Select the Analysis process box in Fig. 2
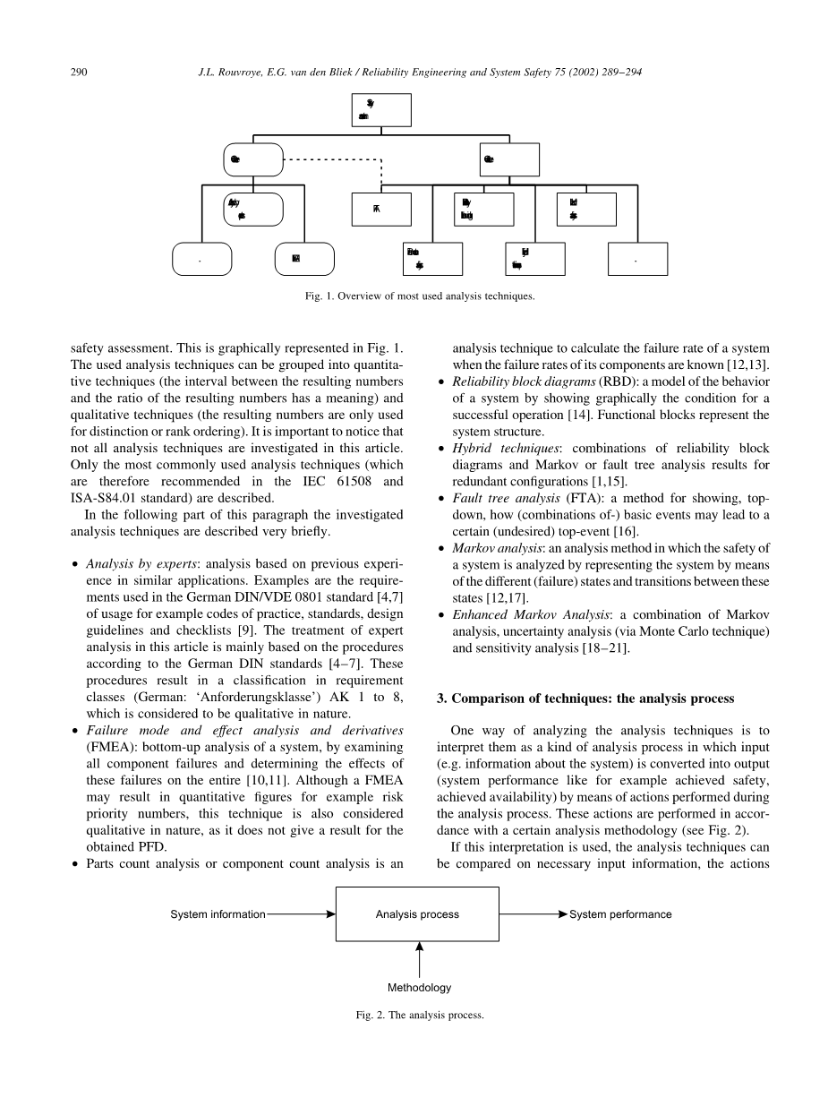click(x=417, y=914)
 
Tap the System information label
click(x=218, y=914)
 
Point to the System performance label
click(x=620, y=914)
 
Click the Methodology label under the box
click(x=419, y=988)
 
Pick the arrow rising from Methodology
click(x=419, y=958)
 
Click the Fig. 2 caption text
click(x=418, y=1016)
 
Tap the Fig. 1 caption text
click(x=419, y=296)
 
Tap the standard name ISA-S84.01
click(x=104, y=498)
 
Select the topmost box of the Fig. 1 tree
click(x=381, y=110)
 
